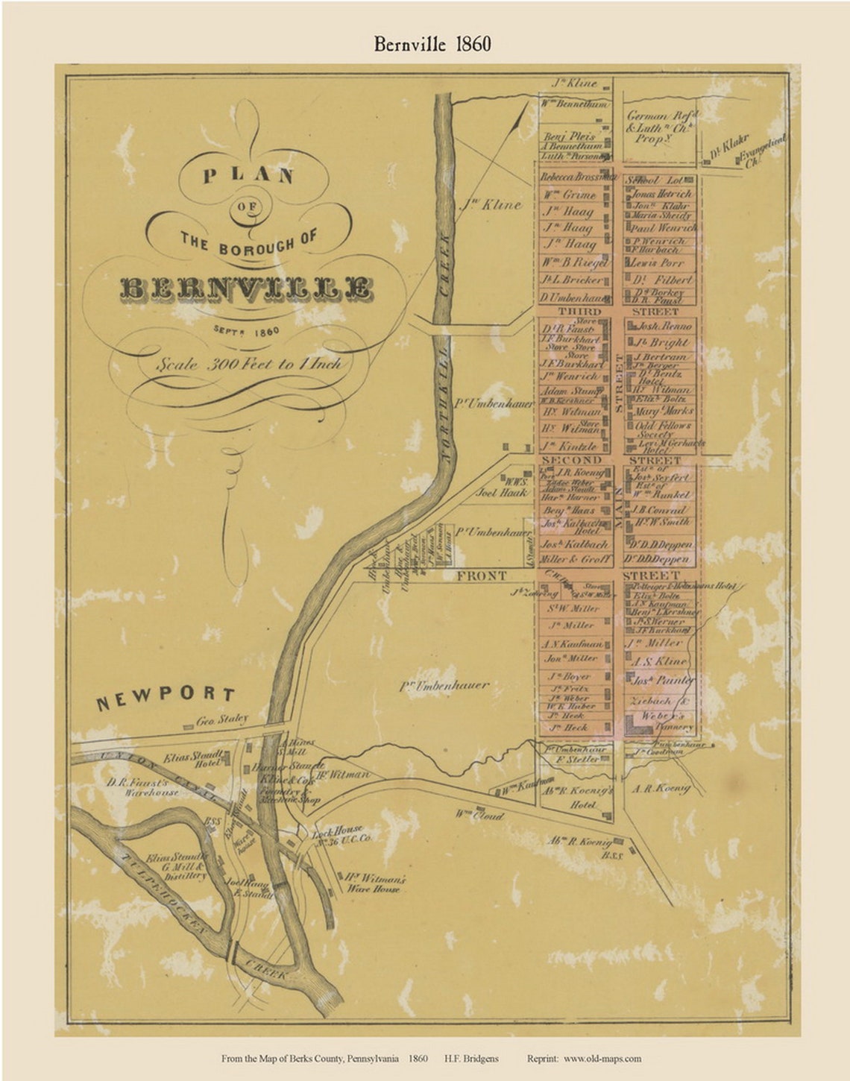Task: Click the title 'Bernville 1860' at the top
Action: pyautogui.click(x=432, y=44)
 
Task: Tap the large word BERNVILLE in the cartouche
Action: pyautogui.click(x=245, y=289)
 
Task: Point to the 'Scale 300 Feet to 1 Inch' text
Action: pyautogui.click(x=249, y=364)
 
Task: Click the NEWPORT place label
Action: pyautogui.click(x=166, y=697)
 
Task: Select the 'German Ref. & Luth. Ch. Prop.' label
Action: pyautogui.click(x=662, y=127)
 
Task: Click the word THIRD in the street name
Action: pyautogui.click(x=579, y=311)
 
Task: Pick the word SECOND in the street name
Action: pyautogui.click(x=573, y=460)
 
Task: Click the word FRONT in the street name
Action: pyautogui.click(x=482, y=576)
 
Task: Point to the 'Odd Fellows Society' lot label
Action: pyautogui.click(x=663, y=429)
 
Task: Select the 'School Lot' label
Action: pyautogui.click(x=654, y=180)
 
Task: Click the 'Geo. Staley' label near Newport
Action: pyautogui.click(x=221, y=720)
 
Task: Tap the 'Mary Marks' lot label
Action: pyautogui.click(x=663, y=411)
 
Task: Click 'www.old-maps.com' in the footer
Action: pyautogui.click(x=602, y=1058)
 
